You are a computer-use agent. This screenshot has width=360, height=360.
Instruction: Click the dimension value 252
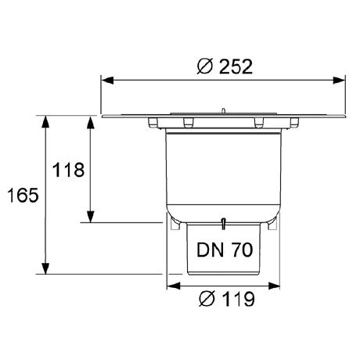[x=236, y=67]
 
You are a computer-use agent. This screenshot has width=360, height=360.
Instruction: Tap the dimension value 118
[x=68, y=170]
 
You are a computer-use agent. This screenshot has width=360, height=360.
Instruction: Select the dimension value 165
[x=23, y=195]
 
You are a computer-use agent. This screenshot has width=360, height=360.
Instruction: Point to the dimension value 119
[x=238, y=299]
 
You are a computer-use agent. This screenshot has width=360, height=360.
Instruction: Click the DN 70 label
[x=225, y=250]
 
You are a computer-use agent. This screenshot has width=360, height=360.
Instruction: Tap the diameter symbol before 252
[x=205, y=67]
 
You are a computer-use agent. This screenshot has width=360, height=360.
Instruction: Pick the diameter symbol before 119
[x=207, y=299]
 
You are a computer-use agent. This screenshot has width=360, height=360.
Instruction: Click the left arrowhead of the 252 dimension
[x=107, y=81]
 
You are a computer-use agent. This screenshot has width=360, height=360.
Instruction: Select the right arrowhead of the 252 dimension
[x=339, y=81]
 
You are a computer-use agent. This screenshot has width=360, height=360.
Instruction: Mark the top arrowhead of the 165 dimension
[x=45, y=121]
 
